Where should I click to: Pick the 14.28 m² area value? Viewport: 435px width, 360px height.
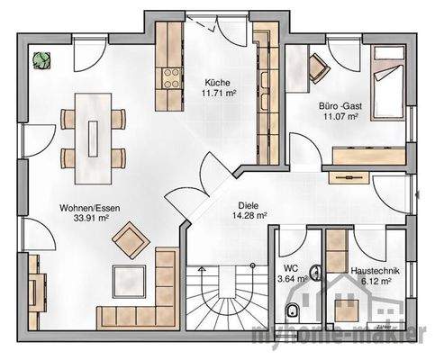coord(249,216)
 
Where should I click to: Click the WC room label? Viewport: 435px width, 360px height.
coord(290,268)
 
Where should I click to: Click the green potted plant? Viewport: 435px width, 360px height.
coord(41,60)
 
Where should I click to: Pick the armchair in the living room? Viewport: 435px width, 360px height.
coord(128,239)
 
